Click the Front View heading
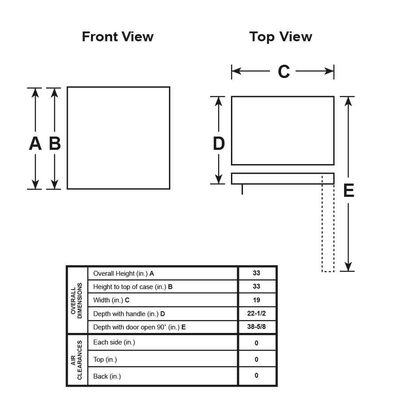pos(117,37)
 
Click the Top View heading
pos(281,37)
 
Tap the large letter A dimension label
pos(35,144)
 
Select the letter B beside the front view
pos(55,144)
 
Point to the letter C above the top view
pos(284,71)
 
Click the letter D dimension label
pos(219,144)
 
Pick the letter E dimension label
pos(349,191)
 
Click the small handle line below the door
pos(242,189)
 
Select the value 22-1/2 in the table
pos(257,314)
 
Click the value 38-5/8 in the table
pos(257,328)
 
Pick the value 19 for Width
pos(257,300)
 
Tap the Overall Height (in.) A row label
pos(124,274)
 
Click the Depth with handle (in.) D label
pos(129,314)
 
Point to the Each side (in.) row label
pos(114,342)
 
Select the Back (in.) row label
pos(107,376)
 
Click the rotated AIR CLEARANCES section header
pos(77,360)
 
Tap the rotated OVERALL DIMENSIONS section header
pos(77,301)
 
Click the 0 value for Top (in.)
pos(257,360)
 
